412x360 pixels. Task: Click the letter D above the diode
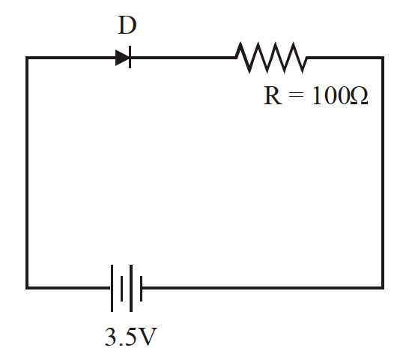[x=127, y=25]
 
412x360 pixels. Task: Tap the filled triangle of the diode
[x=122, y=57]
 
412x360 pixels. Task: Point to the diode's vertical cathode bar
[x=130, y=57]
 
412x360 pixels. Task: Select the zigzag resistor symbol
[x=271, y=57]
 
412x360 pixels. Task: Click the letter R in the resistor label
[x=273, y=95]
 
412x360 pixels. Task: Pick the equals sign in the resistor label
[x=296, y=95]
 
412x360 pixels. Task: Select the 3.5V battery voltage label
[x=131, y=337]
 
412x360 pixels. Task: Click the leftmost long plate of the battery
[x=112, y=288]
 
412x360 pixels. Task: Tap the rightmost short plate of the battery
[x=142, y=289]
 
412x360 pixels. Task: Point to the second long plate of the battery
[x=131, y=288]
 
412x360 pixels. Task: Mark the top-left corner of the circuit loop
[x=27, y=58]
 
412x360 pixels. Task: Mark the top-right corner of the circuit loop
[x=383, y=58]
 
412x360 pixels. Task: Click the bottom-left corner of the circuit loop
[x=27, y=288]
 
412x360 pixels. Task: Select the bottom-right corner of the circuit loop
[x=383, y=288]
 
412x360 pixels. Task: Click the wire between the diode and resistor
[x=184, y=57]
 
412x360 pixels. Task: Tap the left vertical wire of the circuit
[x=27, y=172]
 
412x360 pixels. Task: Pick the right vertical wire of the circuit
[x=383, y=172]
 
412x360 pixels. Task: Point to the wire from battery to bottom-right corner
[x=263, y=288]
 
